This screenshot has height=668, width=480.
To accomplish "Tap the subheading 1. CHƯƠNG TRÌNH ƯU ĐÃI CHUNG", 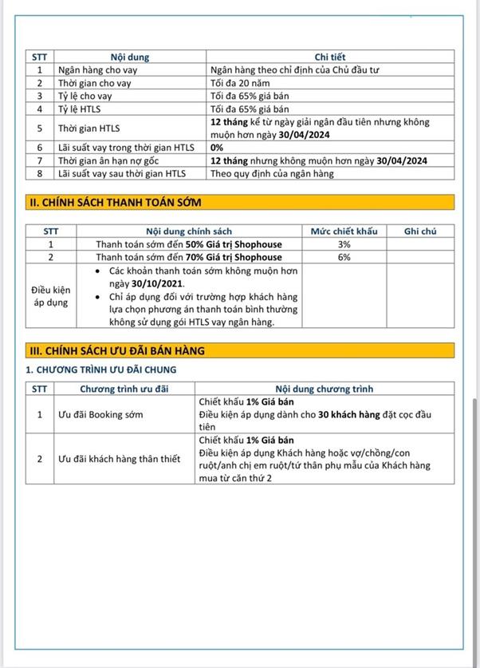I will coord(101,370).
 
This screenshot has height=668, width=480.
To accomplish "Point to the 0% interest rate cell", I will coord(217,148).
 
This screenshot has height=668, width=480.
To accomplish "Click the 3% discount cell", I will coord(344,244).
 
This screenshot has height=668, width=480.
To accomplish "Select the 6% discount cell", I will coord(344,257).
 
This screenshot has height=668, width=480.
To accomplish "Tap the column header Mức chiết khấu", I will coord(344,231).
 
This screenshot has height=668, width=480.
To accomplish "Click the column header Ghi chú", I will coord(420,231).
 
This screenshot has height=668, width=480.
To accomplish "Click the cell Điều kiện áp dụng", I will coord(50,296).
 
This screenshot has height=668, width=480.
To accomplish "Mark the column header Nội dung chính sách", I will coord(189,231).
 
